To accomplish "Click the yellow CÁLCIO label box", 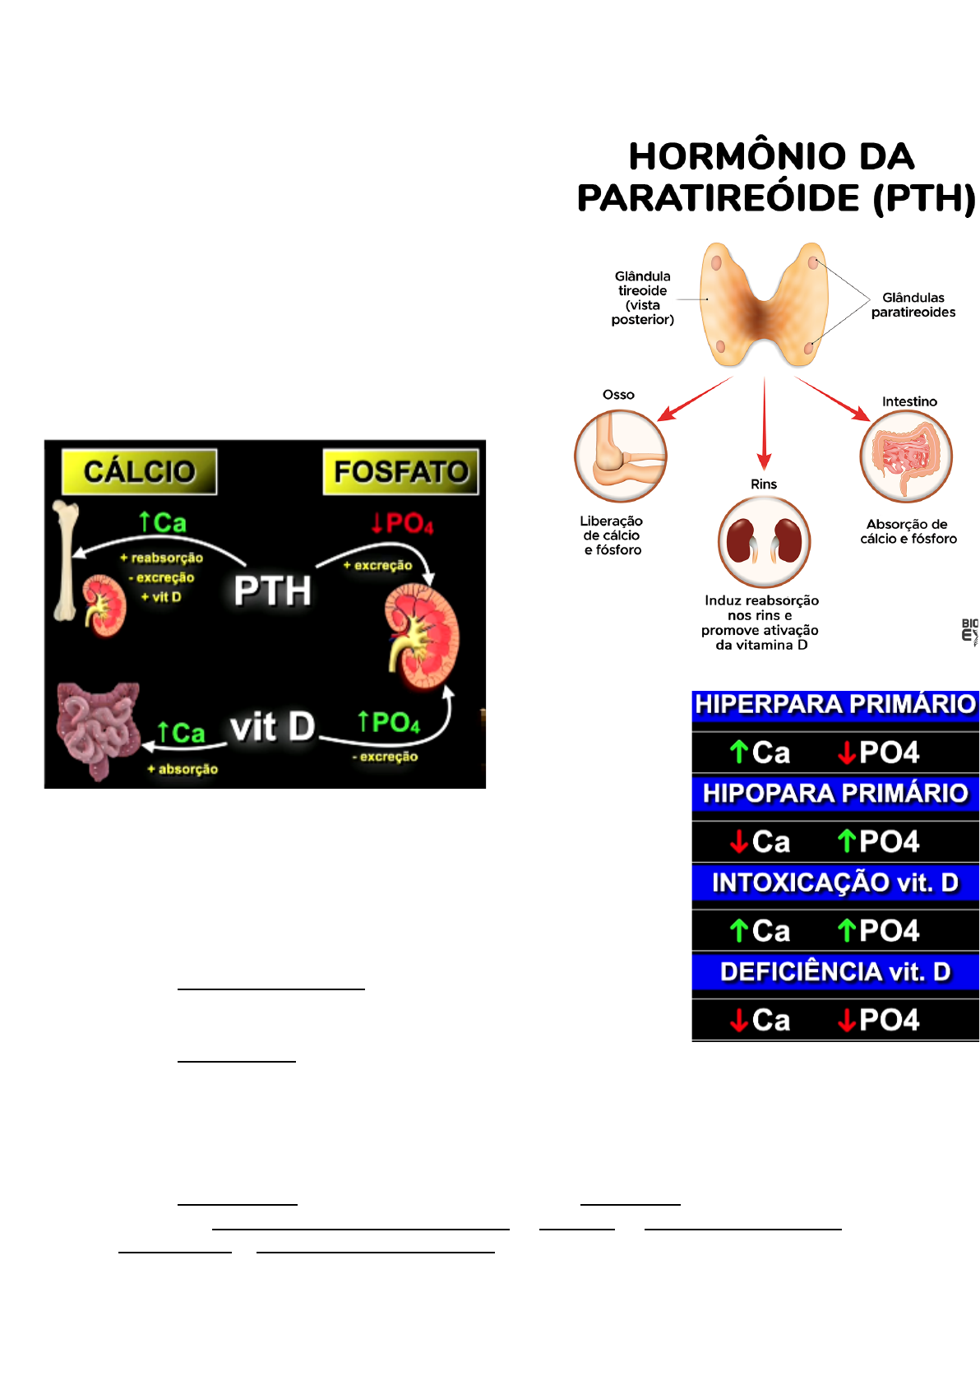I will tap(139, 471).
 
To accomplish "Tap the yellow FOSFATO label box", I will tap(400, 471).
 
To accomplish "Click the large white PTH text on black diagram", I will tap(272, 591).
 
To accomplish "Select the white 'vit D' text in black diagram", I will tap(272, 727).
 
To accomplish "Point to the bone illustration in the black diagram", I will tap(65, 559).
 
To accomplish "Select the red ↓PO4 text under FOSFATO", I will tap(402, 523).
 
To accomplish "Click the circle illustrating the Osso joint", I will tap(620, 456).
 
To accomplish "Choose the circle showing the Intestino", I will tap(906, 456).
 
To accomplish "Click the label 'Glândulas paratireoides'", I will tap(913, 305).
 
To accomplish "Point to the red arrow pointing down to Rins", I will tap(765, 424).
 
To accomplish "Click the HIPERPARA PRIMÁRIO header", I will tap(835, 705).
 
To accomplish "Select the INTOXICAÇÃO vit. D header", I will tap(835, 882).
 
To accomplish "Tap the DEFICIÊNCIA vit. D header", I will tap(835, 971).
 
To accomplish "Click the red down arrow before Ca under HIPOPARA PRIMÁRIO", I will tap(739, 841).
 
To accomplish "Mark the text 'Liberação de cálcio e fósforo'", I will tap(612, 535).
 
